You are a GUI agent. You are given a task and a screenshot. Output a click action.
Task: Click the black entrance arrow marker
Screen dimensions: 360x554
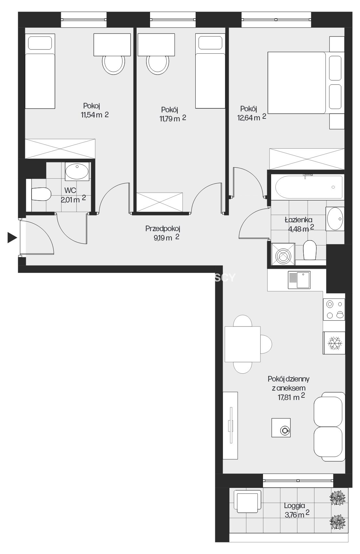tap(12, 238)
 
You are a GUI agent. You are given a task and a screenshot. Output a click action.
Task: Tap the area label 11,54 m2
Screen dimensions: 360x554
tap(95, 115)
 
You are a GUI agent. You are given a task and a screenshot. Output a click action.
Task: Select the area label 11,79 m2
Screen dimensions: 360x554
tap(173, 118)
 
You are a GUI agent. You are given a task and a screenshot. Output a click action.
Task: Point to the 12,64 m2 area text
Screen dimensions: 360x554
tap(252, 117)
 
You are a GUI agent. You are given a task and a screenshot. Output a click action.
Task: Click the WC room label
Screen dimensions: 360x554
tap(70, 190)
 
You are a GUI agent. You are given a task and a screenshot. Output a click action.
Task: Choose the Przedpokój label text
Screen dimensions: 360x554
tap(163, 229)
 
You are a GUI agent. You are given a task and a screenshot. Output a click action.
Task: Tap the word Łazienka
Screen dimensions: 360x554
tap(298, 220)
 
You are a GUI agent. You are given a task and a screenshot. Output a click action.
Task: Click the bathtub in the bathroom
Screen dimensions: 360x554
tap(309, 187)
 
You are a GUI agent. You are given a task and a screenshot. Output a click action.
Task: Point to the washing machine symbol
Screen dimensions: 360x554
tap(283, 254)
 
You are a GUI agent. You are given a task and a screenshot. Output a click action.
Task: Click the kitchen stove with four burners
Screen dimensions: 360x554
tap(334, 310)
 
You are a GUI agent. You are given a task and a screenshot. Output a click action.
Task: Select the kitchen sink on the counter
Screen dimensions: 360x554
tap(299, 280)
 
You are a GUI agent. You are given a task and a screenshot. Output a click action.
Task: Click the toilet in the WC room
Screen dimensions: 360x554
tap(41, 194)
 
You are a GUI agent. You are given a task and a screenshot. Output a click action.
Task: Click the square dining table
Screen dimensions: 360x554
tap(242, 344)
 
